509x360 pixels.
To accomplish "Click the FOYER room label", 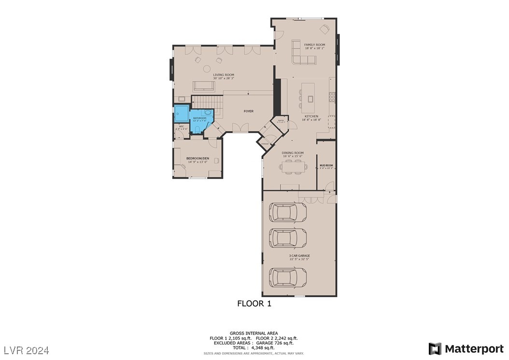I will (x=248, y=111).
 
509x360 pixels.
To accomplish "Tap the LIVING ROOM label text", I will (x=224, y=75).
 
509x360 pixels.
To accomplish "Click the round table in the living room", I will (x=207, y=69).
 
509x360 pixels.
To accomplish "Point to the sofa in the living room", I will (x=204, y=86).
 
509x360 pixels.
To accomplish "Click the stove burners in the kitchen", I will (x=332, y=96).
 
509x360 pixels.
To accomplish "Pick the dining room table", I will (x=293, y=167).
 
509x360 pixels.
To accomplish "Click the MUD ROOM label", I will (x=326, y=165).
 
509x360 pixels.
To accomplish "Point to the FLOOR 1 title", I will (x=254, y=303).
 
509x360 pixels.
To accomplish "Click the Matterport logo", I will (x=466, y=348).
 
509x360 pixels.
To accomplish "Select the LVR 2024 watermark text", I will (x=27, y=349).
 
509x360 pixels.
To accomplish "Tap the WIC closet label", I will (x=181, y=127).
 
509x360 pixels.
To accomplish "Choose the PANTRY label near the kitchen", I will (x=280, y=121).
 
